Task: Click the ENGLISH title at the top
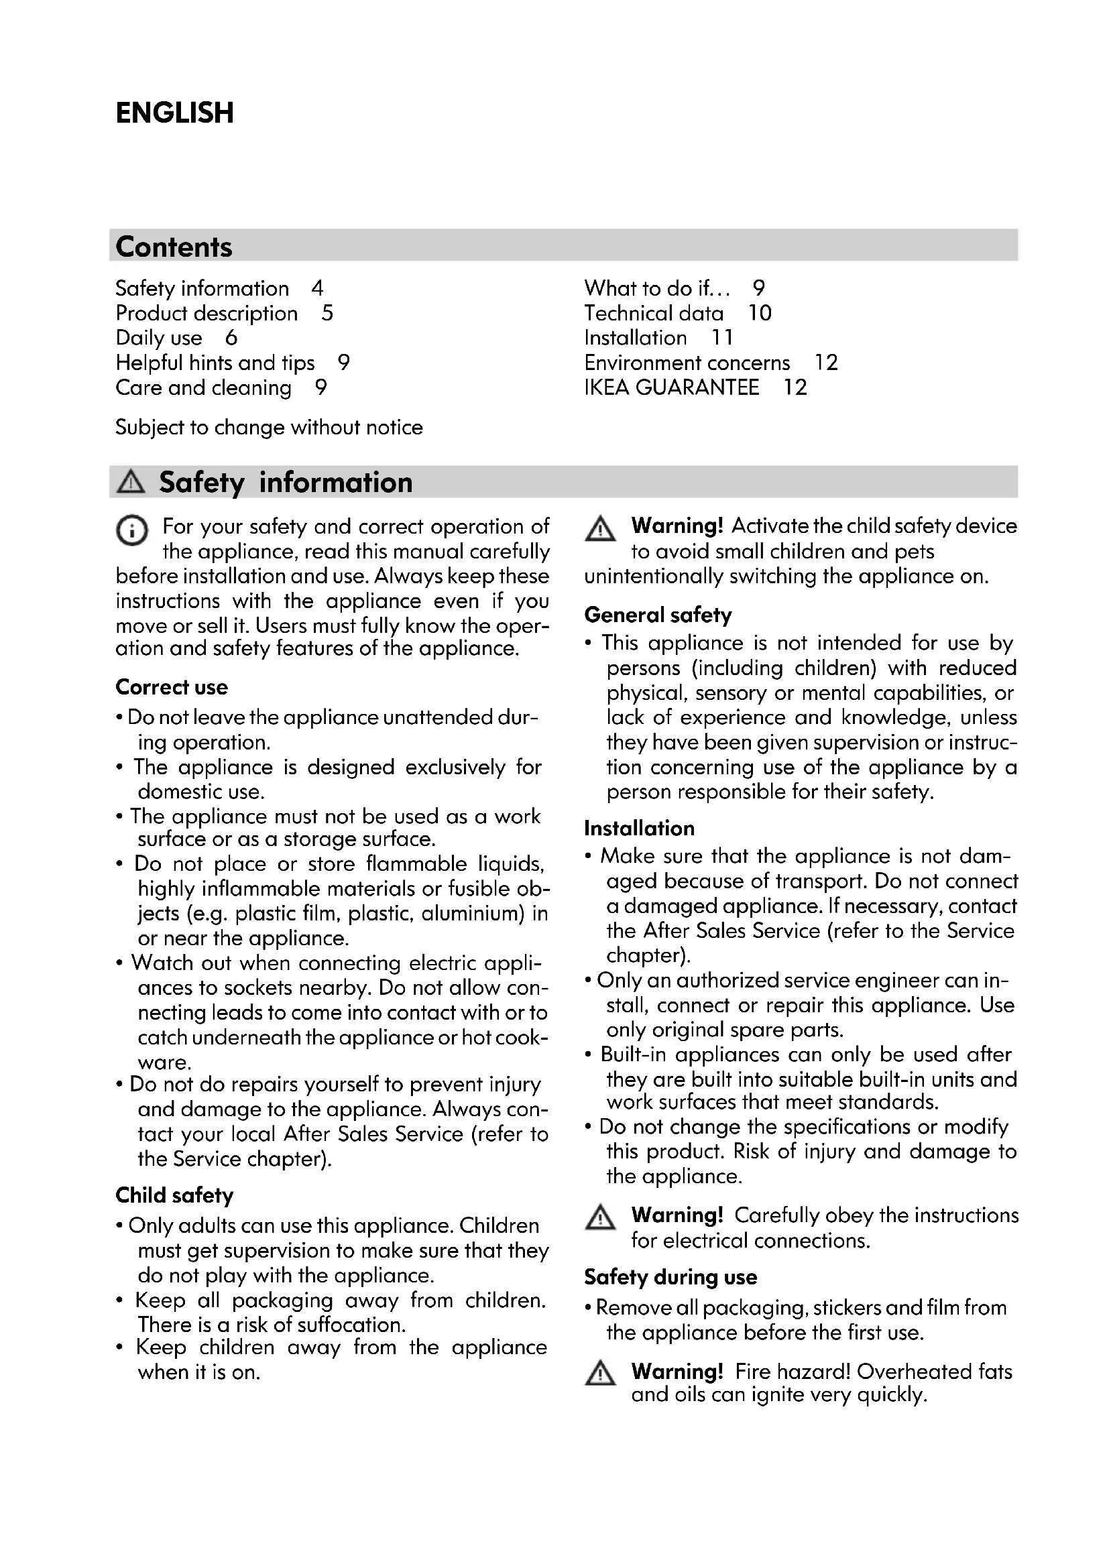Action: tap(174, 113)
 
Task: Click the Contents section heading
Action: tap(174, 247)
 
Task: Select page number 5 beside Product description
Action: tap(327, 313)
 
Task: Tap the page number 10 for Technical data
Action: tap(760, 313)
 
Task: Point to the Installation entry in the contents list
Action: tap(635, 337)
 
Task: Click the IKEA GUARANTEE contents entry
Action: tap(671, 387)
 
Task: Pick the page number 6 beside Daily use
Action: tap(231, 337)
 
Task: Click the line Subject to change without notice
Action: tap(269, 428)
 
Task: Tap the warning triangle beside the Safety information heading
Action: tap(131, 482)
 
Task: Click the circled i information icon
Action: tap(131, 531)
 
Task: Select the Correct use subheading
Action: tap(172, 687)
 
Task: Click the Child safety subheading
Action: tap(174, 1195)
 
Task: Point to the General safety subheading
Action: tap(658, 615)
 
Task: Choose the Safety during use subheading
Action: tap(670, 1277)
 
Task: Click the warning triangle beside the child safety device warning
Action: tap(600, 530)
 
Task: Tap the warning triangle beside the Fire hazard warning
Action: tap(600, 1374)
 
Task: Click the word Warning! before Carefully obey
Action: tap(677, 1215)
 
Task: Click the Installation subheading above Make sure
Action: tap(638, 829)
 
